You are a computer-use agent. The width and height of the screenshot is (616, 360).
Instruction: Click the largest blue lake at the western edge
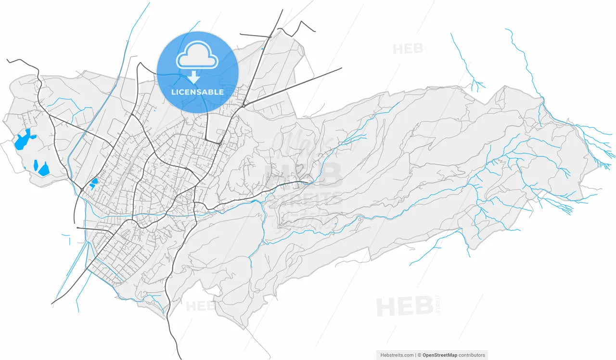[x=22, y=140]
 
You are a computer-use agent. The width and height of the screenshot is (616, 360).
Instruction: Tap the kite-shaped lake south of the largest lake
[x=44, y=169]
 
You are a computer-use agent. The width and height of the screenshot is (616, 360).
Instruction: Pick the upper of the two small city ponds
[x=94, y=181]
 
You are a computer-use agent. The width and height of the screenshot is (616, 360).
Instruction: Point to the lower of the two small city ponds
[x=91, y=186]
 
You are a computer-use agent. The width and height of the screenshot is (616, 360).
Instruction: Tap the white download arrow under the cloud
[x=194, y=77]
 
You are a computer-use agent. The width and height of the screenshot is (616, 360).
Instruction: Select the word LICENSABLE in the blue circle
[x=197, y=92]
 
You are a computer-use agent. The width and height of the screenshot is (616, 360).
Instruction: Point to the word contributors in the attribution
[x=472, y=355]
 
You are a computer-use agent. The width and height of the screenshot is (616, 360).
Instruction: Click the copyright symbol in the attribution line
[x=419, y=355]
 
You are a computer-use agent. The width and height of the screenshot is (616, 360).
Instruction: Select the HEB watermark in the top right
[x=407, y=49]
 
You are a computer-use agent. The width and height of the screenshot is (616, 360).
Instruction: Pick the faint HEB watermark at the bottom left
[x=200, y=306]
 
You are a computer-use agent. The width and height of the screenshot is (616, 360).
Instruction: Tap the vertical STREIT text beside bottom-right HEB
[x=437, y=304]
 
